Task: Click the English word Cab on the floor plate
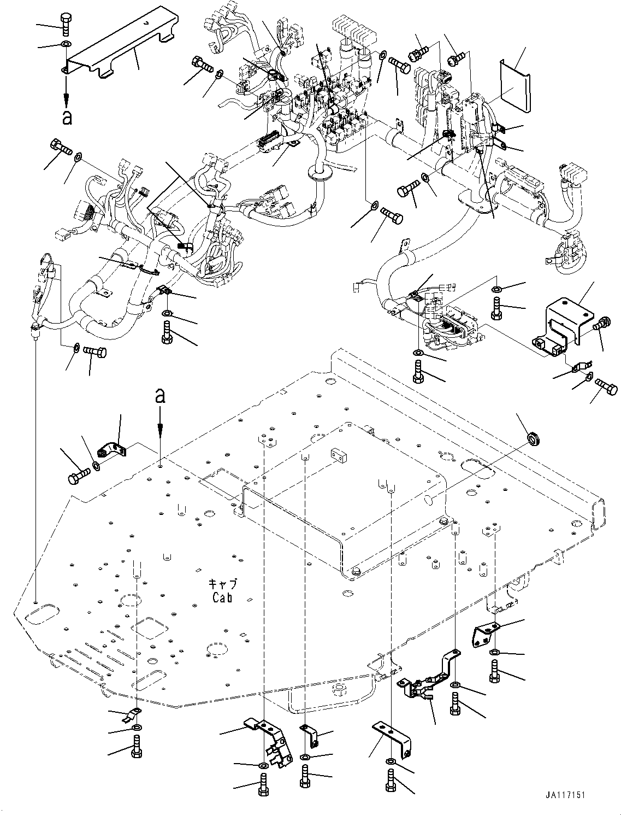pos(222,597)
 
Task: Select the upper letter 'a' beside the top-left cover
pos(67,117)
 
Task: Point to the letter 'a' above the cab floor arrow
pos(159,395)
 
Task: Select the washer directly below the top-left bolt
pos(66,44)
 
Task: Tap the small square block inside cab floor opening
pos(336,453)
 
